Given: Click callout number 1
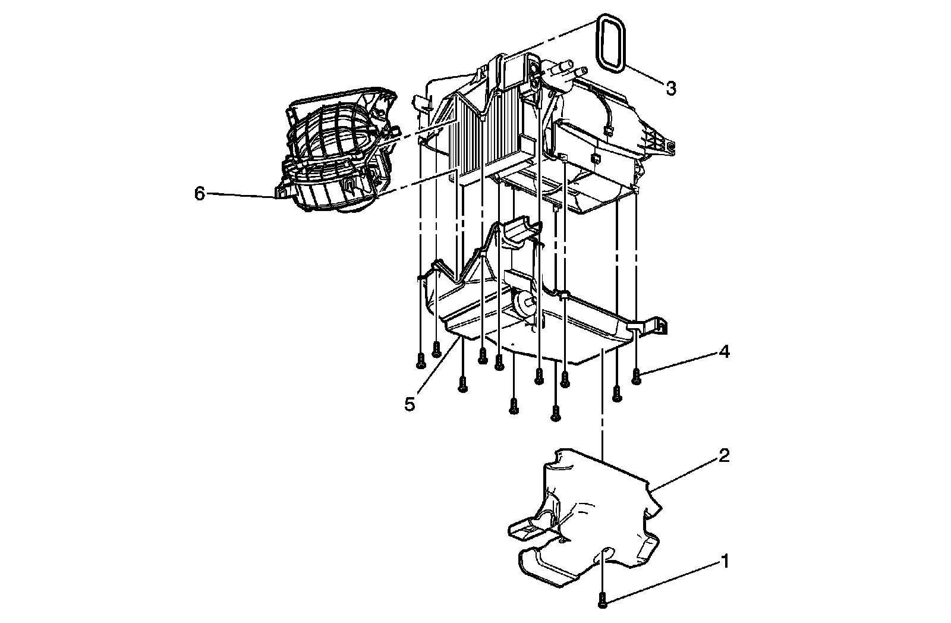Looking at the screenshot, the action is tap(724, 561).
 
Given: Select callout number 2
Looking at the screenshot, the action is tap(723, 457).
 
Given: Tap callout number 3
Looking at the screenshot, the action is tap(670, 89).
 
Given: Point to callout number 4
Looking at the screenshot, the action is tap(723, 352).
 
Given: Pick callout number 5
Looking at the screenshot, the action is tap(410, 404).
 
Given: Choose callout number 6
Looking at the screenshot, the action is tap(200, 193).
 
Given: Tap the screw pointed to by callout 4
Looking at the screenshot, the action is tap(637, 376).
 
